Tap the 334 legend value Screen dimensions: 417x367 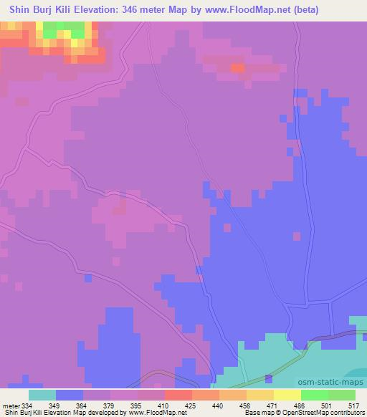pyautogui.click(x=29, y=405)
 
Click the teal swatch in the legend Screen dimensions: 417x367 pyautogui.click(x=42, y=395)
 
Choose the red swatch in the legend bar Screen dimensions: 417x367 pyautogui.click(x=178, y=395)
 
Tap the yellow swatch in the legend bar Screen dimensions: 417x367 pyautogui.click(x=260, y=395)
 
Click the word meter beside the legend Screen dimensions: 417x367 pyautogui.click(x=11, y=405)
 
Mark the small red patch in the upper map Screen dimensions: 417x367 pyautogui.click(x=237, y=68)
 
